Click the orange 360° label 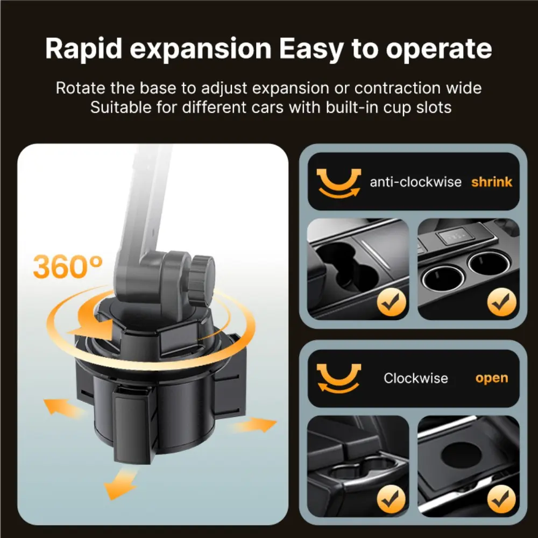(68, 266)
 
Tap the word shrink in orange (492, 181)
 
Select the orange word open (492, 378)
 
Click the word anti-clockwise (415, 181)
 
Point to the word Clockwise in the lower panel (416, 378)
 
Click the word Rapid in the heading (84, 49)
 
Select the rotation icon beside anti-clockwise (338, 183)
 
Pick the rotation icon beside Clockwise (338, 378)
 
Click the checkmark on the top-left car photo (391, 302)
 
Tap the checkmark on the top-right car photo (501, 302)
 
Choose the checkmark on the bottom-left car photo (391, 499)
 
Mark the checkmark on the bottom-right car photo (501, 499)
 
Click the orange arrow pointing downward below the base (120, 484)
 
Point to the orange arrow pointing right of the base (254, 425)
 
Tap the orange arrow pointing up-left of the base (64, 407)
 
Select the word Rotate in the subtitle (81, 88)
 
